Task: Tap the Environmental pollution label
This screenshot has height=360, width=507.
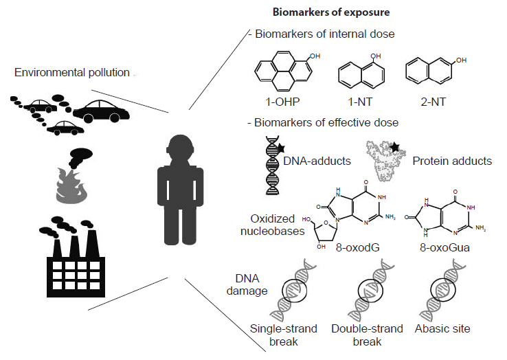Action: click(x=71, y=72)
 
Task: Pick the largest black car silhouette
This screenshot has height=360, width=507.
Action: click(x=102, y=110)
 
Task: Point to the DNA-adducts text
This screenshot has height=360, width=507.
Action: click(x=317, y=161)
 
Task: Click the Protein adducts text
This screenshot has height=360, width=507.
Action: click(x=452, y=161)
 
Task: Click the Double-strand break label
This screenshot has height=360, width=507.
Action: click(x=366, y=335)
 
